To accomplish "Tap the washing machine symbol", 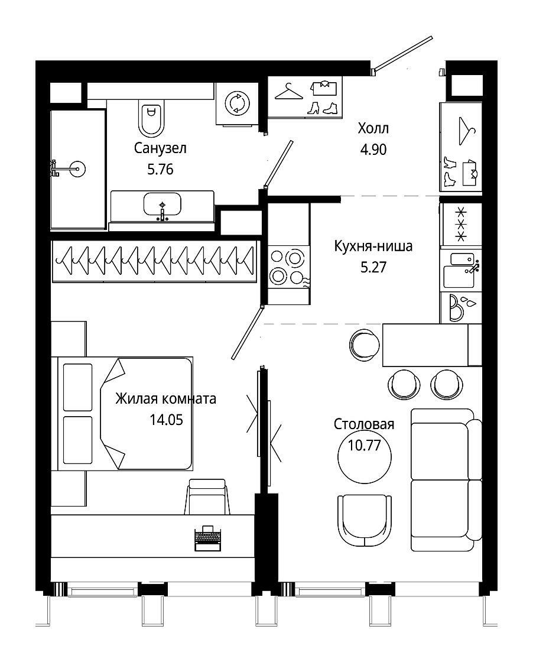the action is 237,103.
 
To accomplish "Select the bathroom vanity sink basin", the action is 162,205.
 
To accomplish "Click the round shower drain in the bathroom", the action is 78,169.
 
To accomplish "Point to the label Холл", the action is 373,128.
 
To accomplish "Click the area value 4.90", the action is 373,149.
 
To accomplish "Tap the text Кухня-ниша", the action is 373,246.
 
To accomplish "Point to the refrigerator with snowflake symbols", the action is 461,224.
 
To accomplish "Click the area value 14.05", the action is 166,420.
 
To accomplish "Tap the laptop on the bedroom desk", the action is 207,538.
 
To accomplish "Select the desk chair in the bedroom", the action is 207,496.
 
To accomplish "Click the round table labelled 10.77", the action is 365,456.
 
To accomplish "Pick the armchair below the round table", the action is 365,522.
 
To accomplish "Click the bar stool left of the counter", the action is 365,345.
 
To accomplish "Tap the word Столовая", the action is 364,424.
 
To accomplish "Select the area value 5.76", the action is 160,169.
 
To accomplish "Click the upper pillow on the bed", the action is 77,387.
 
